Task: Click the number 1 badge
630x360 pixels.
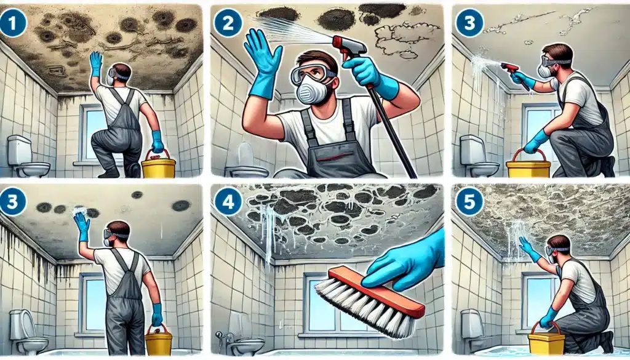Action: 13,24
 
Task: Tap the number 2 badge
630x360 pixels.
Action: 228,24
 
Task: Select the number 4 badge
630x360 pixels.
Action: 228,202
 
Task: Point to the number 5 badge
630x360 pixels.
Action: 469,202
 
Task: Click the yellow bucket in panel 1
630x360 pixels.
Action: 159,164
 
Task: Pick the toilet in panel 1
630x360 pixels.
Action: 26,156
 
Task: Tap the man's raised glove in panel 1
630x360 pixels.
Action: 96,63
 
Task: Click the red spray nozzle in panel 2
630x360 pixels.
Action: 349,45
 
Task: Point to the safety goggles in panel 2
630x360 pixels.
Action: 313,73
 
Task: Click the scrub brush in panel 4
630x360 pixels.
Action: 369,302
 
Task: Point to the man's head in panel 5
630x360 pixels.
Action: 558,247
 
